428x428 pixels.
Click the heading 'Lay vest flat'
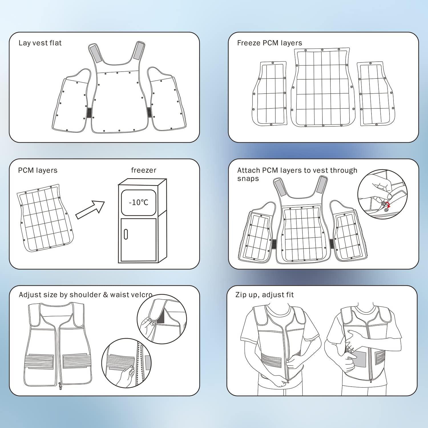40,43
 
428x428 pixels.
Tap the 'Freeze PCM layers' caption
269,43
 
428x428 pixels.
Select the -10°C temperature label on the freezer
139,203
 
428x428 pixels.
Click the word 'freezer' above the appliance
144,170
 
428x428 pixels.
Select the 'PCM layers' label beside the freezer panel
38,170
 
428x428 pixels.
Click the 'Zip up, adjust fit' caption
265,295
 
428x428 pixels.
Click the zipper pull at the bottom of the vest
60,387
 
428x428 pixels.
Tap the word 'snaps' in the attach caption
248,179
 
